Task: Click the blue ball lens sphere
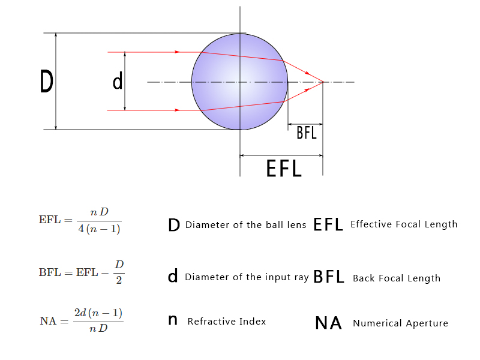pyautogui.click(x=240, y=82)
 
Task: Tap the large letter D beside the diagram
pyautogui.click(x=46, y=82)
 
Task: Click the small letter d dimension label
pyautogui.click(x=118, y=82)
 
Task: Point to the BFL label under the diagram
pyautogui.click(x=307, y=133)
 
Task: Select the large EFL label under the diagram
pyautogui.click(x=284, y=168)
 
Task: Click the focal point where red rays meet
pyautogui.click(x=323, y=82)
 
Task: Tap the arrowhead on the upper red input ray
pyautogui.click(x=177, y=52)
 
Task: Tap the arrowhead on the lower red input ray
pyautogui.click(x=177, y=110)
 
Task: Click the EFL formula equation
pyautogui.click(x=80, y=220)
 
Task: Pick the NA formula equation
pyautogui.click(x=82, y=321)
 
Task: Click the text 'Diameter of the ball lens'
pyautogui.click(x=245, y=225)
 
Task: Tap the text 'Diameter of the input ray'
pyautogui.click(x=246, y=277)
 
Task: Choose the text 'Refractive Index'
pyautogui.click(x=226, y=322)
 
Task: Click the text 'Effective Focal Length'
pyautogui.click(x=404, y=224)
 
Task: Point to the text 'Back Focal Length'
pyautogui.click(x=397, y=278)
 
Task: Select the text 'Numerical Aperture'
pyautogui.click(x=400, y=323)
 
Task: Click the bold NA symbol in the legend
pyautogui.click(x=328, y=323)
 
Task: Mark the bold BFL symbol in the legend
pyautogui.click(x=329, y=277)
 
